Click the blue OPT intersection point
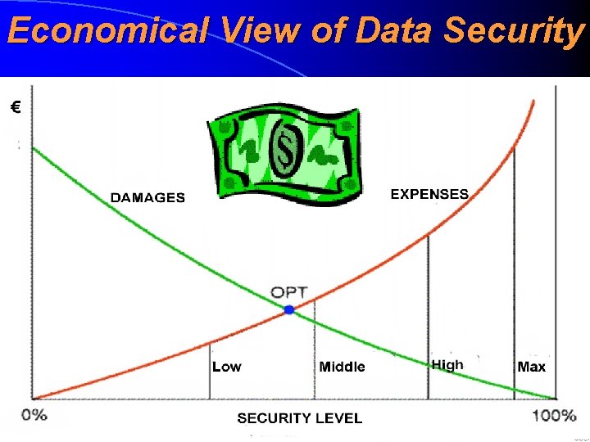(x=288, y=309)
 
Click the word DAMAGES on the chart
(x=147, y=197)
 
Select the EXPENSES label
(x=429, y=194)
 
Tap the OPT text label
(x=289, y=292)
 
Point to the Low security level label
(x=227, y=366)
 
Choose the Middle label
(x=342, y=366)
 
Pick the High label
(x=447, y=364)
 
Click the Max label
(x=531, y=366)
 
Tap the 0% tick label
(x=34, y=415)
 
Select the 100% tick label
(x=554, y=415)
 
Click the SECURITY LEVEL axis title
(x=299, y=418)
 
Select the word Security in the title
(x=512, y=31)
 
